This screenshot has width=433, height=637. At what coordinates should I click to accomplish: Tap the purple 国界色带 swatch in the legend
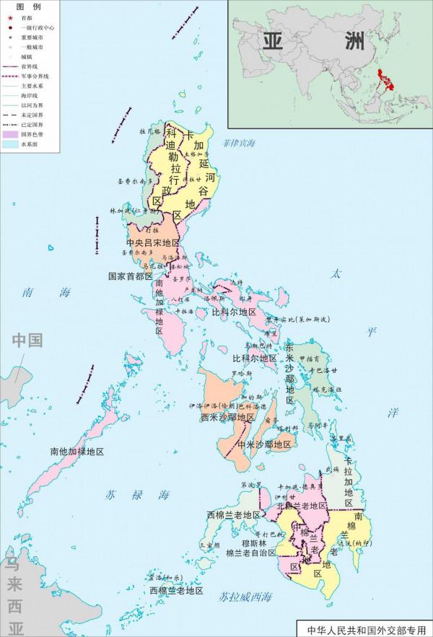(11, 134)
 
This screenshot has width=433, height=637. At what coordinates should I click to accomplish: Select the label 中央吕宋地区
(152, 243)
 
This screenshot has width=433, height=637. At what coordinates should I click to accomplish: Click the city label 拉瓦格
(150, 132)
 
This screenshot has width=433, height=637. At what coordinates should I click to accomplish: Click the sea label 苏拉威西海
(247, 597)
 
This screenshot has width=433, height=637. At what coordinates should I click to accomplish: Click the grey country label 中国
(26, 341)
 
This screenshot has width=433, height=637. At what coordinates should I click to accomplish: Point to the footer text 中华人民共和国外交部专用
(363, 628)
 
